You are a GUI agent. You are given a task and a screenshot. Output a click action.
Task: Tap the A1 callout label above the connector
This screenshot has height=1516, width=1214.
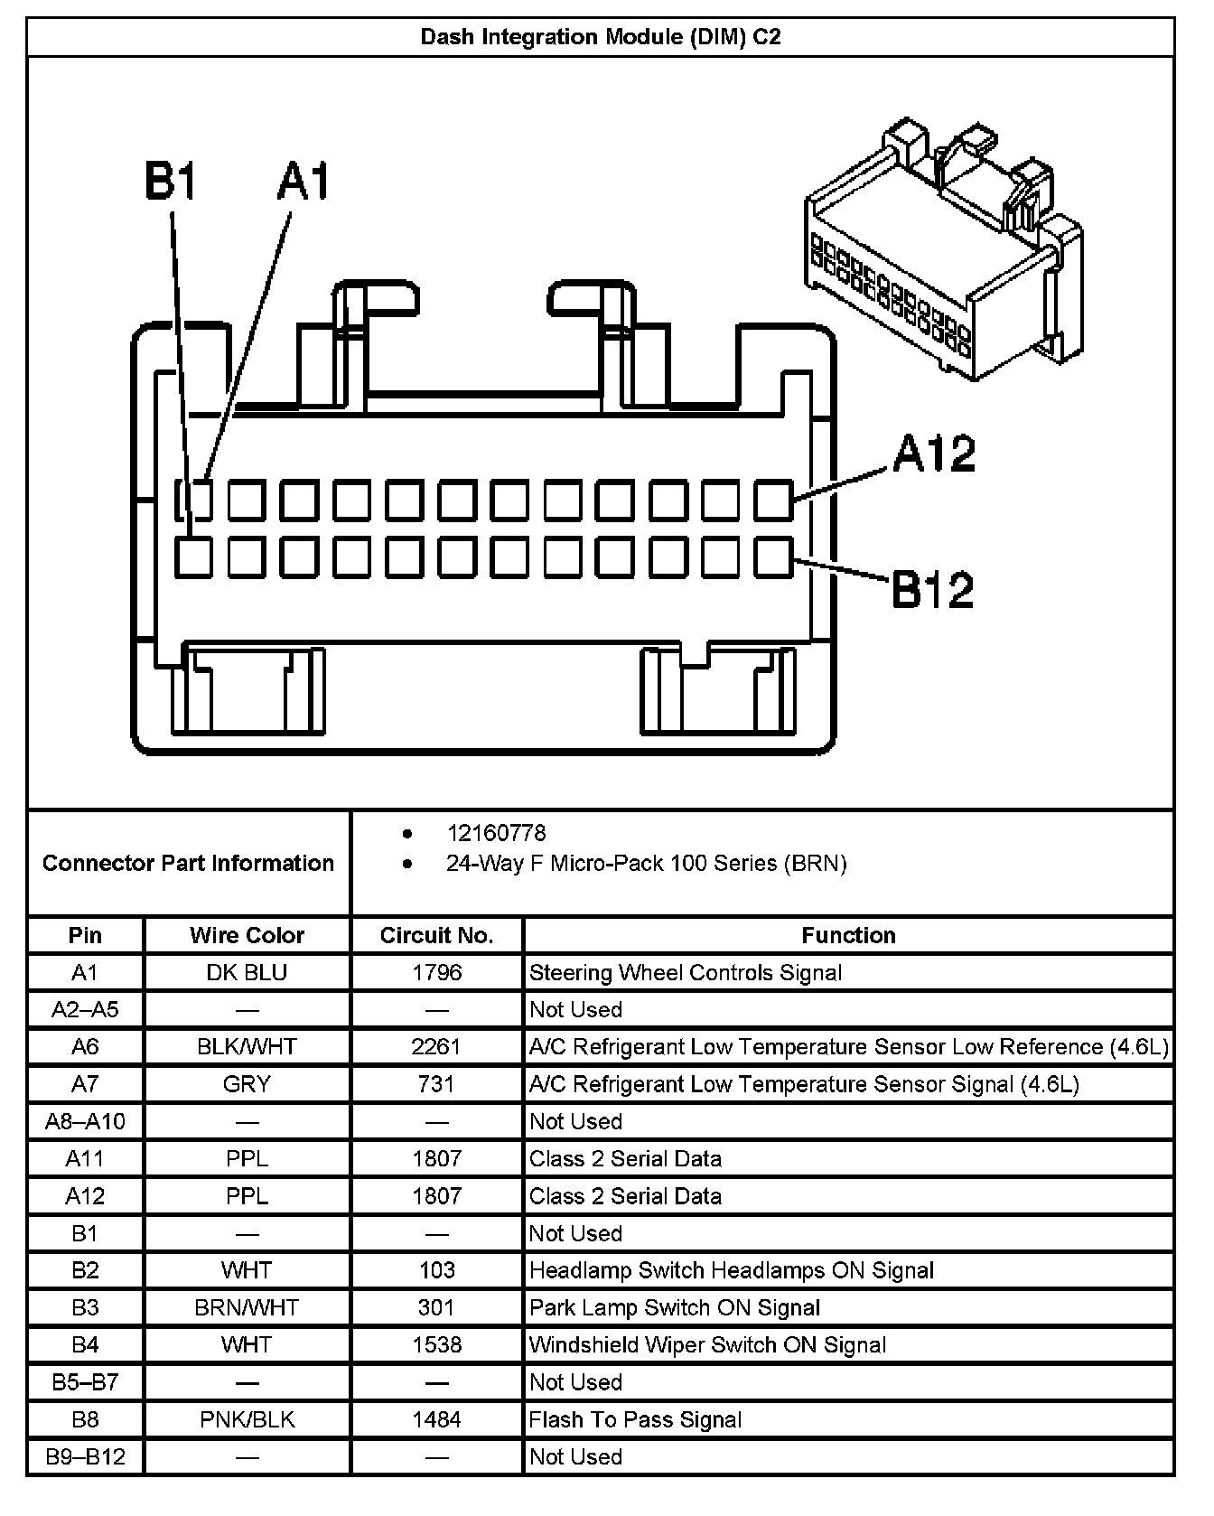pyautogui.click(x=303, y=182)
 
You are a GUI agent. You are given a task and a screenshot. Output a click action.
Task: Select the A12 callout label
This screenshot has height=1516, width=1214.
pyautogui.click(x=934, y=454)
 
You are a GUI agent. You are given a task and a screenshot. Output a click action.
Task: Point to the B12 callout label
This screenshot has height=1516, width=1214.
pyautogui.click(x=933, y=589)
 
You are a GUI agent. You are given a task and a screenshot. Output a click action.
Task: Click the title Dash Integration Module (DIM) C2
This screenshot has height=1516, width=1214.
pyautogui.click(x=601, y=37)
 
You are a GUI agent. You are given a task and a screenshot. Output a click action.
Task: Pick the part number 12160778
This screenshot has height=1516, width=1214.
pyautogui.click(x=496, y=832)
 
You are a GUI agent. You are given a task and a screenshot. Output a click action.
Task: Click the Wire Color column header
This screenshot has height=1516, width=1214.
pyautogui.click(x=247, y=935)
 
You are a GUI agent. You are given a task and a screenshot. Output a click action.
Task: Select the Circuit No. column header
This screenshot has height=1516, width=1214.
pyautogui.click(x=436, y=935)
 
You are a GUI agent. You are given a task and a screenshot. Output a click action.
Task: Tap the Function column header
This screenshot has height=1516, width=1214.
pyautogui.click(x=848, y=935)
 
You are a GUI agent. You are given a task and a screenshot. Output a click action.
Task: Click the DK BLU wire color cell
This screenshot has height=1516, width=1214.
pyautogui.click(x=247, y=973)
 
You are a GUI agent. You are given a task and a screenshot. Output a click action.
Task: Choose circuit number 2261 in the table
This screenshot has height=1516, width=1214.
pyautogui.click(x=436, y=1047)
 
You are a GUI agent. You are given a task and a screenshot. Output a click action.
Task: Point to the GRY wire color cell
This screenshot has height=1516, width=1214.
pyautogui.click(x=247, y=1084)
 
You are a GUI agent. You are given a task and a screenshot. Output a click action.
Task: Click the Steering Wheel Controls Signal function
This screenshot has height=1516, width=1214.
pyautogui.click(x=686, y=973)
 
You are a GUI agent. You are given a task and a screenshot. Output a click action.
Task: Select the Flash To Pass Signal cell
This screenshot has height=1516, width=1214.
pyautogui.click(x=635, y=1419)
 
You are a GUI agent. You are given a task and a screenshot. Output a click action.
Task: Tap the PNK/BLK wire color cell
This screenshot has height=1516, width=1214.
pyautogui.click(x=247, y=1419)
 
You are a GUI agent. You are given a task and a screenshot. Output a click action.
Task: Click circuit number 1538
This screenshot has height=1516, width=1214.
pyautogui.click(x=436, y=1344)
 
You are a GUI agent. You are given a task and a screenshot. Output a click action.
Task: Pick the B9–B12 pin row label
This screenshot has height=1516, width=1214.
pyautogui.click(x=85, y=1456)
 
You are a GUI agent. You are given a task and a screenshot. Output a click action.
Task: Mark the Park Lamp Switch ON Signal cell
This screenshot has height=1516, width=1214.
pyautogui.click(x=675, y=1307)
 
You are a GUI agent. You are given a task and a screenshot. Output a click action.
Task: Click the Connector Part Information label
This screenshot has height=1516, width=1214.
pyautogui.click(x=188, y=863)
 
